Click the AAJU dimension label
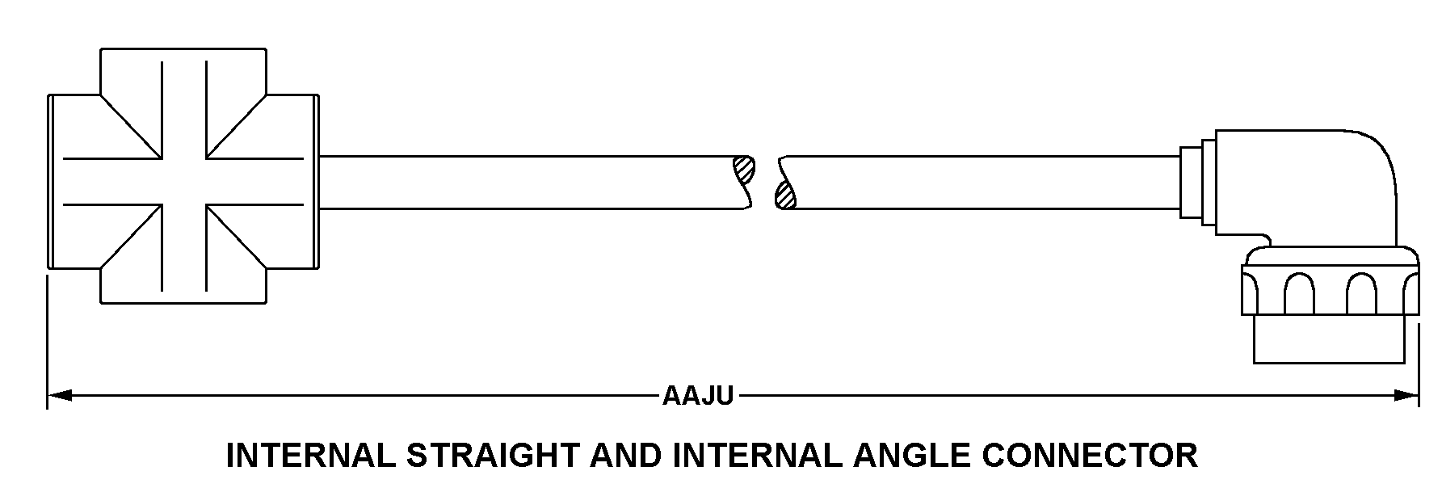coord(698,396)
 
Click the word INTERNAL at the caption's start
coord(310,456)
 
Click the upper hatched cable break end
coord(744,170)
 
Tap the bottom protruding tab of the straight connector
coord(183,287)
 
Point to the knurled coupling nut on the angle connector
coord(1331,292)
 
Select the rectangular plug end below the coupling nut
coord(1335,339)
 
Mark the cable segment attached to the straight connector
coord(525,183)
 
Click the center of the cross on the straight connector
coord(183,180)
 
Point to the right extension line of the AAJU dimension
coord(1419,364)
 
